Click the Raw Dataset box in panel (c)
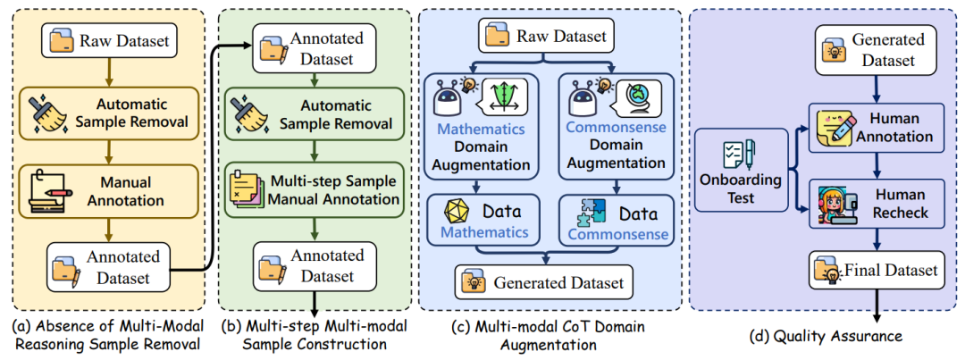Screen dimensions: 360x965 (x=545, y=37)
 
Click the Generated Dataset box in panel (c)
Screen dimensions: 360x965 (x=544, y=283)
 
